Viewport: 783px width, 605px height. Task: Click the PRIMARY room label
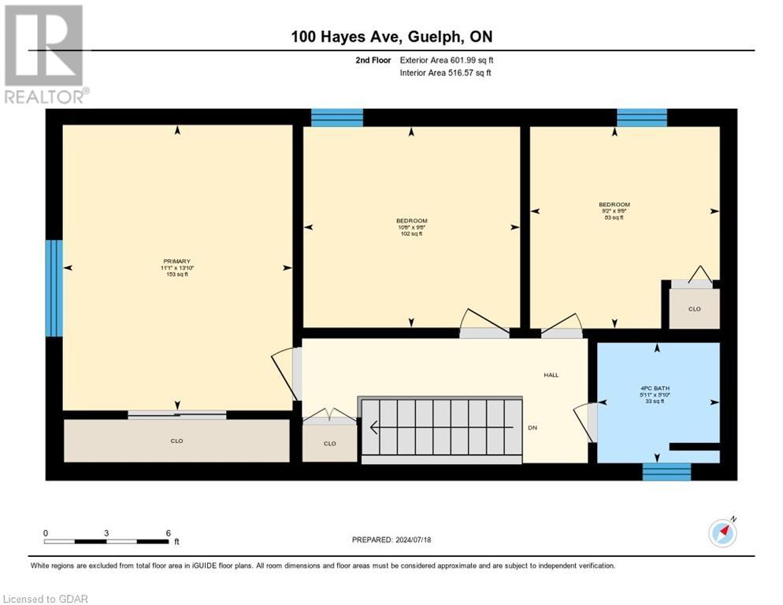[176, 262]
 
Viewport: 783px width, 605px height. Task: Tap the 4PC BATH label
[655, 388]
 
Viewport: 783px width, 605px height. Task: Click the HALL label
[551, 375]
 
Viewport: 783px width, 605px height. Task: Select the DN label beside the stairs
[533, 428]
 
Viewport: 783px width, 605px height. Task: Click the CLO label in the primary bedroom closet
[176, 440]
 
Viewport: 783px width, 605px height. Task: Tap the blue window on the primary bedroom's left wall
[54, 288]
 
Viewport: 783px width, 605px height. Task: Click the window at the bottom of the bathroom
[666, 472]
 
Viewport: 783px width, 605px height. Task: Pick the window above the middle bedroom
[337, 118]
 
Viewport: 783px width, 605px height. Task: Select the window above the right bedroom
[641, 118]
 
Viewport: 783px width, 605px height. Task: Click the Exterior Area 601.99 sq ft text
[447, 60]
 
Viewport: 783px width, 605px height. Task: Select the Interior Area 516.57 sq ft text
[445, 73]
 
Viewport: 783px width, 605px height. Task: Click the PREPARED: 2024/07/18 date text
[391, 540]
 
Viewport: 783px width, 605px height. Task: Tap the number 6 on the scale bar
[168, 533]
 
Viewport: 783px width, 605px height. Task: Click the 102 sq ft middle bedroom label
[411, 234]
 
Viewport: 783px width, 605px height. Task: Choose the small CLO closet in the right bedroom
[694, 309]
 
